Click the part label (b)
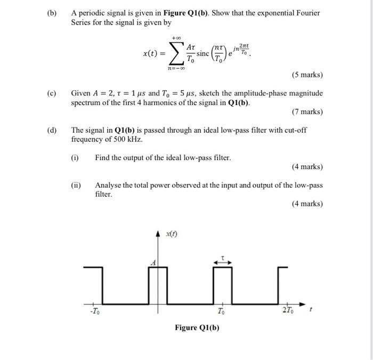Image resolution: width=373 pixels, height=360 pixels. click(x=51, y=12)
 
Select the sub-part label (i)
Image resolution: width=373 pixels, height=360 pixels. click(x=75, y=158)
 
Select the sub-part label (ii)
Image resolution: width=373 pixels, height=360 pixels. click(x=76, y=185)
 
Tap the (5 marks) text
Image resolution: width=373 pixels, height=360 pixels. click(x=307, y=75)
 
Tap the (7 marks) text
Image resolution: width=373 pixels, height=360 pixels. click(x=307, y=111)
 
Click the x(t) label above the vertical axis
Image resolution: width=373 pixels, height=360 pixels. click(x=172, y=234)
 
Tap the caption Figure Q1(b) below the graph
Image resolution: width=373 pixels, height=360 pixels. click(x=197, y=327)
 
